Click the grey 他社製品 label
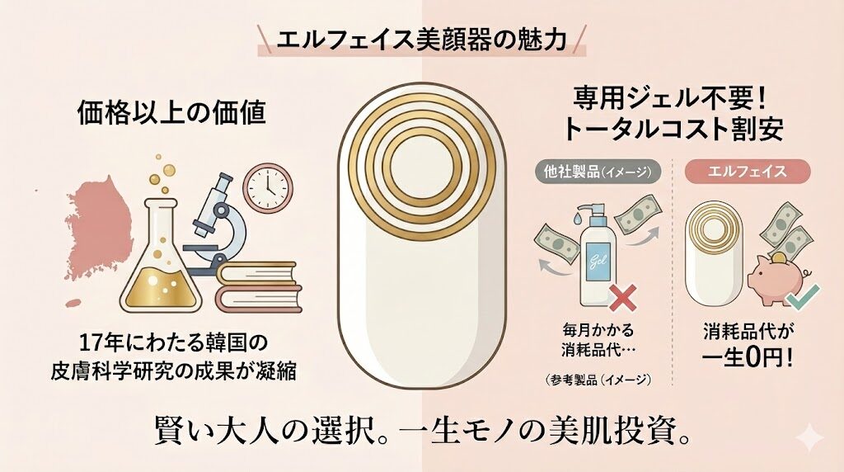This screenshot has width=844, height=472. point(598,171)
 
